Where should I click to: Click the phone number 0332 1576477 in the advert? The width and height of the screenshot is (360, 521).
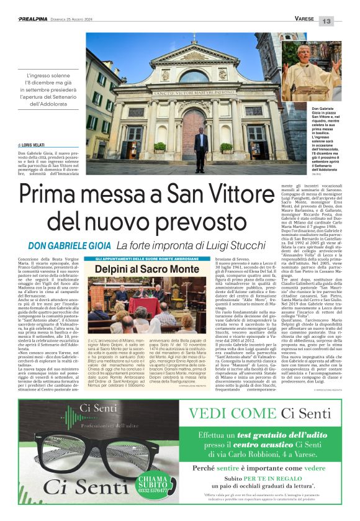tap(151, 489)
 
